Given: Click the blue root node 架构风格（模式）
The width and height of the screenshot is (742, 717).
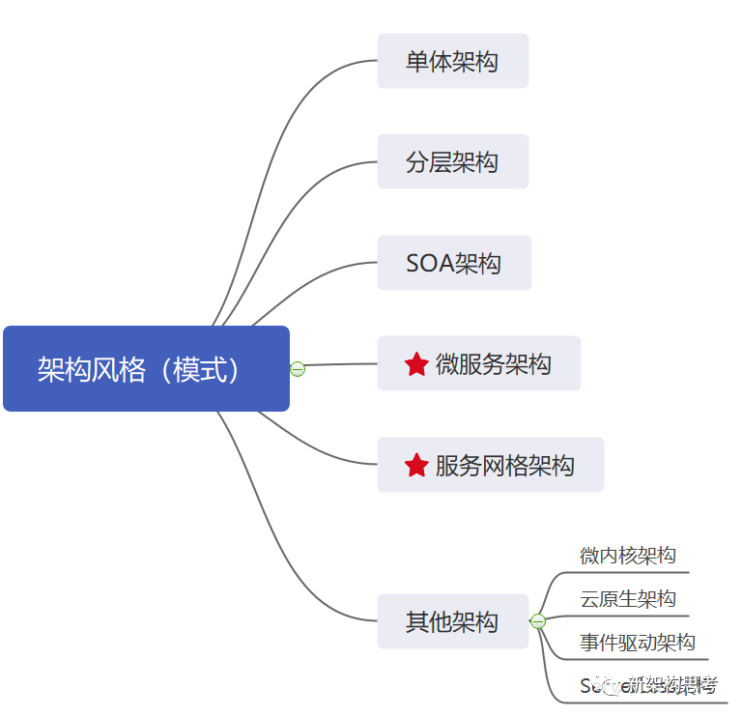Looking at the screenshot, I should pos(146,369).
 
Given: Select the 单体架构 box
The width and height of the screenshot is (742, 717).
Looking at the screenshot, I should pos(452,61).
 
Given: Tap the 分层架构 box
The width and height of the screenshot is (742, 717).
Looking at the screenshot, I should pos(452,161).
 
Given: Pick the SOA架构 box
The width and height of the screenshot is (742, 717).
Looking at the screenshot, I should pos(454,263).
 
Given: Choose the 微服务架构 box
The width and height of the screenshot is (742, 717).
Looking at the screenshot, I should pos(479,363).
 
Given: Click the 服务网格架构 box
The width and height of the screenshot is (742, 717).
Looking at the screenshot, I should pos(490,465).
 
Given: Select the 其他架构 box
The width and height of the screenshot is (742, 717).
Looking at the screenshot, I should pos(452,621).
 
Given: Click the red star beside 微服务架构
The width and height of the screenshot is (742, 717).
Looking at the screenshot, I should pos(416,364).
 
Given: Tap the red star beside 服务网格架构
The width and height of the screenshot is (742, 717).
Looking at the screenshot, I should pos(416,466).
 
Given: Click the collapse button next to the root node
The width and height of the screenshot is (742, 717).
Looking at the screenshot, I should pos(298,368).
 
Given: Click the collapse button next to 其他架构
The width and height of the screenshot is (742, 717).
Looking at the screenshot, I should pos(538,621).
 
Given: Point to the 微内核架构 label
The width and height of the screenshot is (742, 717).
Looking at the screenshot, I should pos(628,556).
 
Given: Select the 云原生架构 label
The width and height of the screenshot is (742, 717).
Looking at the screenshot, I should pos(628,599).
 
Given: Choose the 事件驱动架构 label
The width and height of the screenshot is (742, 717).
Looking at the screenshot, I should pos(638,643).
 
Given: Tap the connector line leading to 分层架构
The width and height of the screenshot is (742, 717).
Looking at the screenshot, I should pos(290,208).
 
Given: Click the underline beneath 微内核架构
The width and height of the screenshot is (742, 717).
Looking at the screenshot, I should pos(628,572).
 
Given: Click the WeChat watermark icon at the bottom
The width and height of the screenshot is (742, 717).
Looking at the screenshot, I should pos(611,685).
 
